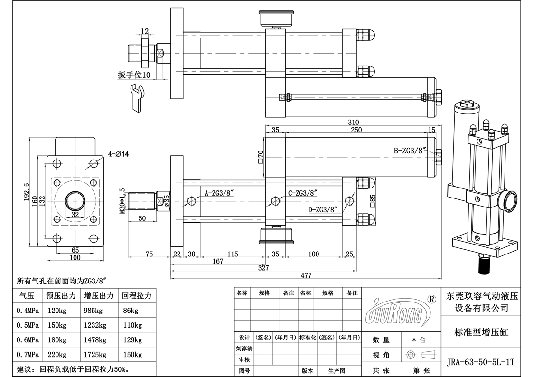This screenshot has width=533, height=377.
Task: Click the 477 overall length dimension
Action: click(x=306, y=275)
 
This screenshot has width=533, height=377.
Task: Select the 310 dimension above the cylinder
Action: click(x=353, y=122)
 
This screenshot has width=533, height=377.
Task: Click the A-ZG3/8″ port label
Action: click(x=218, y=193)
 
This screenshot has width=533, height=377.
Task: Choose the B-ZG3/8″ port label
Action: click(x=411, y=151)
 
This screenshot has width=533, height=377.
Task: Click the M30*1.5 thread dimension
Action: click(x=122, y=201)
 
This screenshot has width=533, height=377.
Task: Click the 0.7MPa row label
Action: click(x=28, y=355)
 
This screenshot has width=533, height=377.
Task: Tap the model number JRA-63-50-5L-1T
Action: click(x=481, y=361)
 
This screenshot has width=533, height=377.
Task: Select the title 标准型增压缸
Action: click(x=481, y=332)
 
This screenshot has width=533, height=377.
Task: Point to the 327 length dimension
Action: click(x=263, y=268)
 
